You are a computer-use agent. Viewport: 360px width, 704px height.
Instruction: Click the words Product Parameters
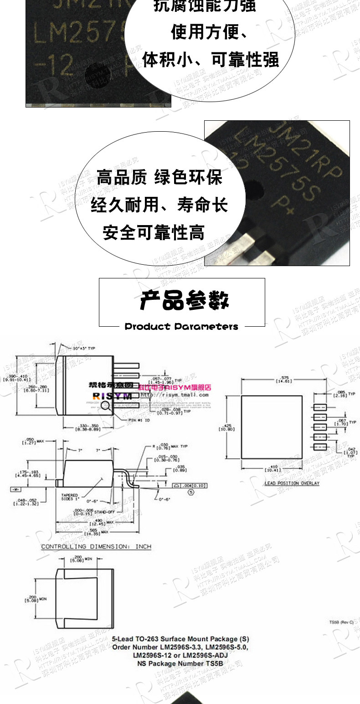point(181,327)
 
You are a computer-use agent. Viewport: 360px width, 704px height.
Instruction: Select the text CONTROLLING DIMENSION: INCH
point(96,546)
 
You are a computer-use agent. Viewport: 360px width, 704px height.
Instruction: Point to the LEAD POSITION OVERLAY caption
point(292,483)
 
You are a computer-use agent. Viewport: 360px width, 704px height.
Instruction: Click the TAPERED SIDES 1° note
point(70,497)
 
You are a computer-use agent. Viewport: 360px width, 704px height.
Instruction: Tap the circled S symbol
point(191,492)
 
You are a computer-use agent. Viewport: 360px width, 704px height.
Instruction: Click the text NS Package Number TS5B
point(180,663)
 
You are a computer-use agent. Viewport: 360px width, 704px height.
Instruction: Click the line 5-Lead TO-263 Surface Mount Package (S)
point(180,639)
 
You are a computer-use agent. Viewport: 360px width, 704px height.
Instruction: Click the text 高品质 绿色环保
point(159,177)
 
